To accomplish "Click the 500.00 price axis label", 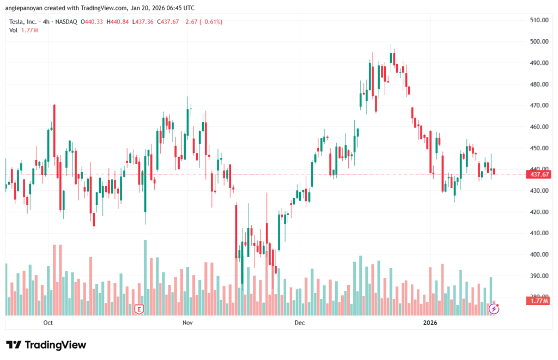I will [x=539, y=41].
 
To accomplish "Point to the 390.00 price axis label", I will [x=539, y=276].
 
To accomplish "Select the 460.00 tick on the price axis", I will [x=539, y=126].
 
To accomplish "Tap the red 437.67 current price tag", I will [x=538, y=174].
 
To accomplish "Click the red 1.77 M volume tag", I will [x=538, y=301].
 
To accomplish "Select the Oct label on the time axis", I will [x=47, y=323].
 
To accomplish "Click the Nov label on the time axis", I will [x=187, y=323].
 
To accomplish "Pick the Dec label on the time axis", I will [x=299, y=323].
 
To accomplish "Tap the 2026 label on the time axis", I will [x=430, y=323].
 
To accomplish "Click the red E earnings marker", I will [x=139, y=309].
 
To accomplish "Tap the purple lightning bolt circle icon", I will [x=494, y=309].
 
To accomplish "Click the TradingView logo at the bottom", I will [x=46, y=345].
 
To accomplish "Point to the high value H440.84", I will [x=118, y=22].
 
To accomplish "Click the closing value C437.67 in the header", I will [x=170, y=22].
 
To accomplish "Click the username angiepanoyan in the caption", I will [x=27, y=8].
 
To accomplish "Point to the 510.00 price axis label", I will [x=539, y=20].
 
